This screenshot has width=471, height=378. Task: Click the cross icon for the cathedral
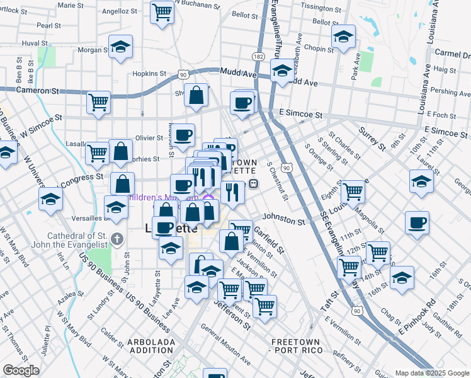pos(117,239)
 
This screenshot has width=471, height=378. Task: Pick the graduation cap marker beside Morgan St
pos(120,47)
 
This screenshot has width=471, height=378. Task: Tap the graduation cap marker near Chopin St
pos(344,37)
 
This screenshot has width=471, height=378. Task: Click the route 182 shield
pos(259,57)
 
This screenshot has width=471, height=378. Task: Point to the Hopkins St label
pos(149,73)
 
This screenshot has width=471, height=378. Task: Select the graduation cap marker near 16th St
pos(402,277)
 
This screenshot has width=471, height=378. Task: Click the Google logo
pos(21,370)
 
